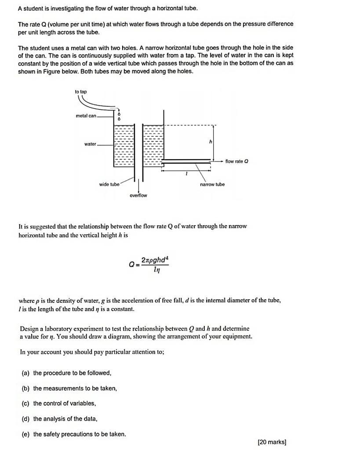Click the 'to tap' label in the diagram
[x=80, y=91]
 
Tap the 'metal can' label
[x=86, y=116]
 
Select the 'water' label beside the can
[x=90, y=144]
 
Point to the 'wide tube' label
[x=109, y=185]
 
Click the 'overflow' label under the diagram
[x=138, y=195]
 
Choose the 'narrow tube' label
[x=212, y=185]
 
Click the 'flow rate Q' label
[x=236, y=161]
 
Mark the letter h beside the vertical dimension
[x=211, y=142]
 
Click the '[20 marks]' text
[x=272, y=442]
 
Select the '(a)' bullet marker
[x=25, y=373]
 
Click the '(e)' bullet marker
[x=25, y=434]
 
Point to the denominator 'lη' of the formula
[x=156, y=270]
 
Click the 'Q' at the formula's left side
[x=131, y=265]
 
